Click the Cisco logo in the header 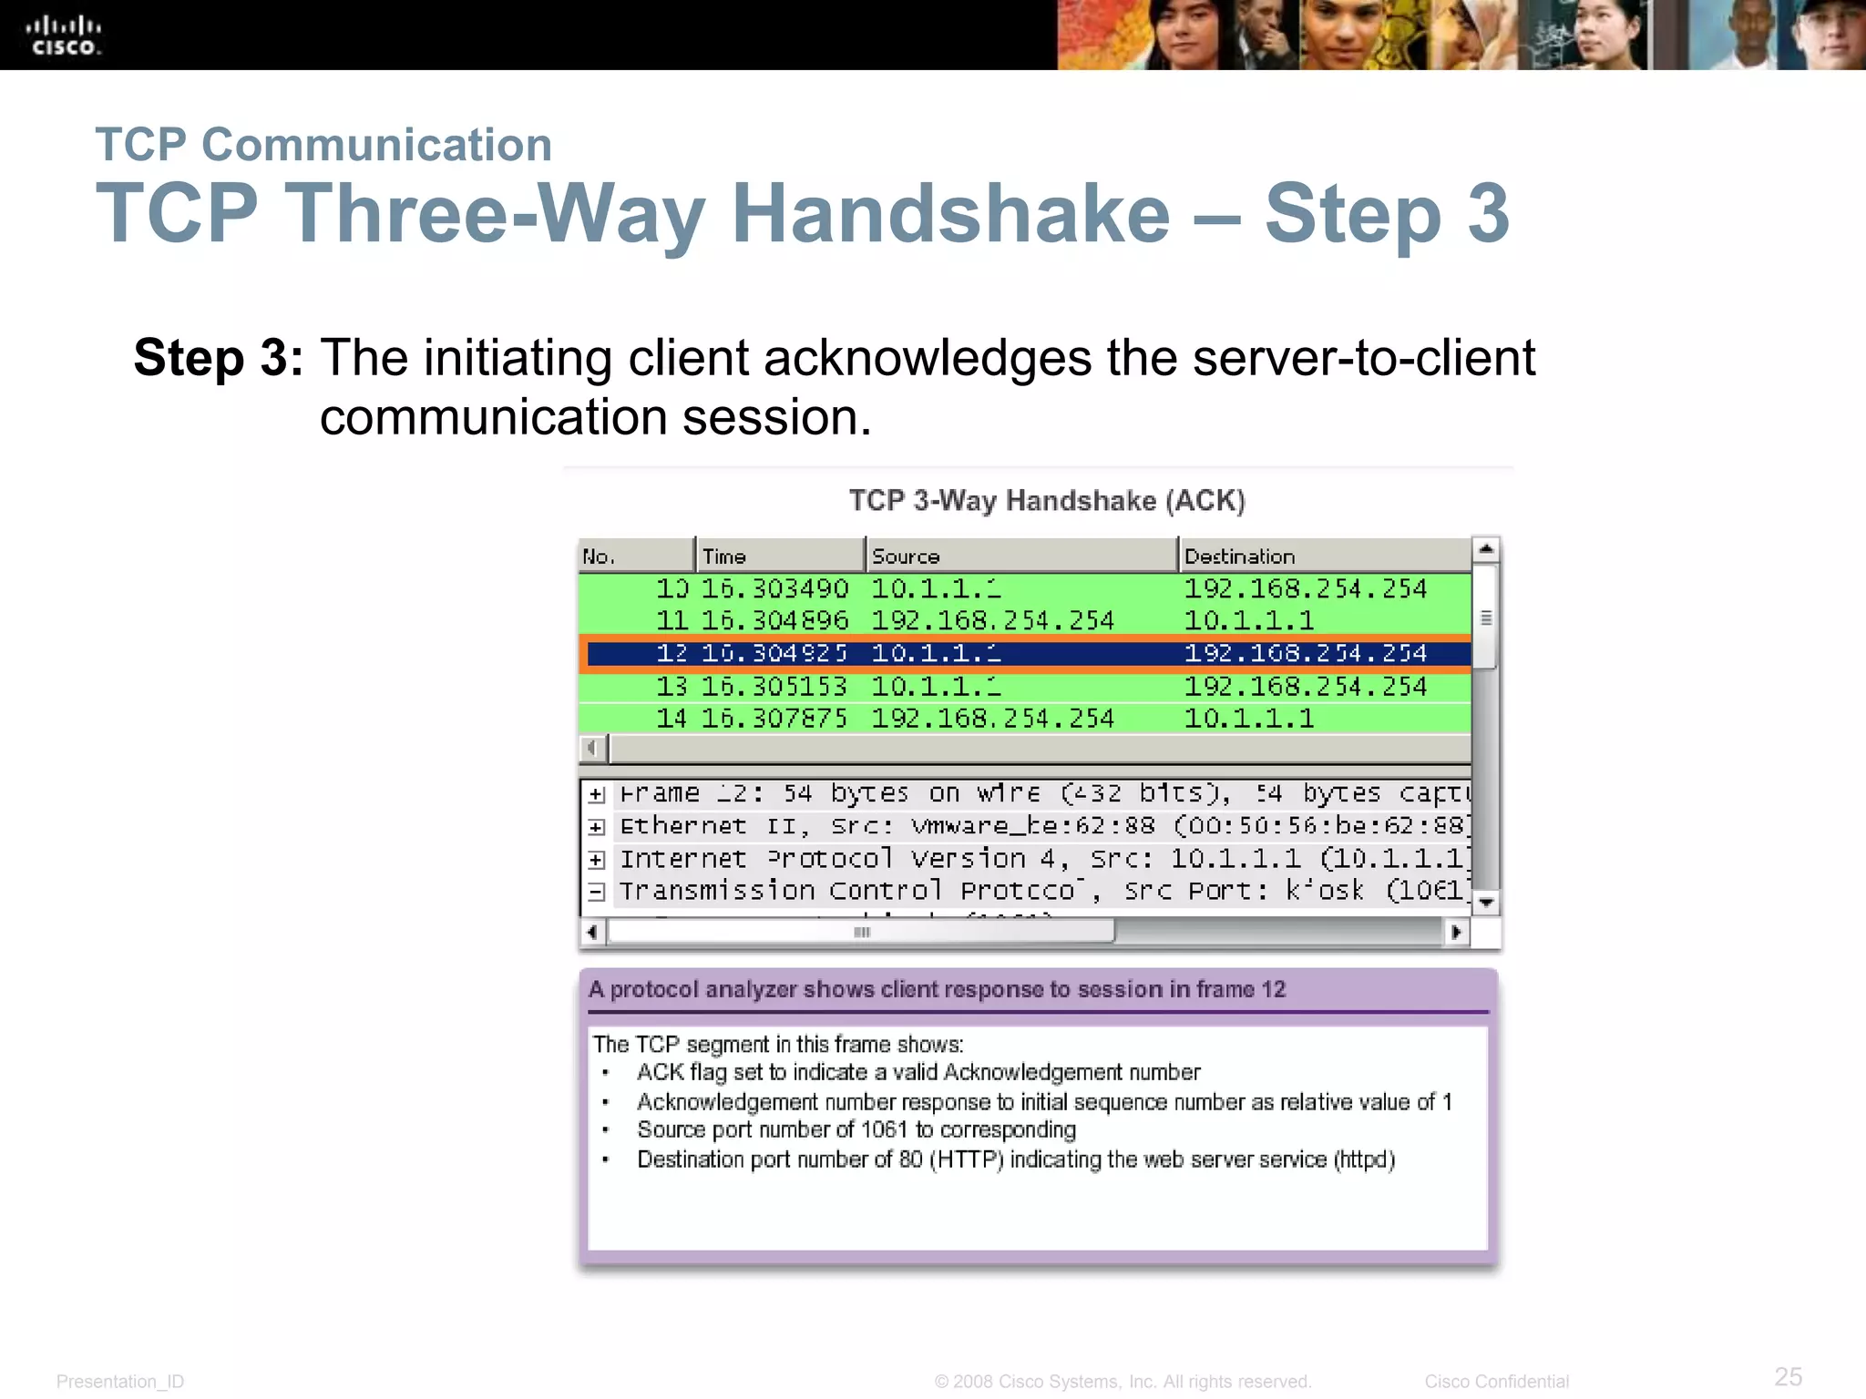(x=64, y=36)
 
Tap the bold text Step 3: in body (x=218, y=357)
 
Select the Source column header (x=905, y=557)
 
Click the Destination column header (x=1238, y=557)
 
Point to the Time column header (x=724, y=557)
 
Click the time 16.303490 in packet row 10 (x=774, y=589)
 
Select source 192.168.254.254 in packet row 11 (x=992, y=621)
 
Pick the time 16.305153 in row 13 (x=774, y=687)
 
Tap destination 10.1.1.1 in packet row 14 (x=1248, y=720)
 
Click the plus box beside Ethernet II (x=596, y=827)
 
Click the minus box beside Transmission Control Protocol (x=596, y=892)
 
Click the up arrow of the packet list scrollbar (x=1486, y=549)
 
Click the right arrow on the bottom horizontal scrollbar (x=1456, y=932)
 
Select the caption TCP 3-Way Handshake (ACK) (x=1047, y=501)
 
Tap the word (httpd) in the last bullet (x=1364, y=1159)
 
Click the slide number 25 (x=1788, y=1376)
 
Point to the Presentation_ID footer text (x=120, y=1382)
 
